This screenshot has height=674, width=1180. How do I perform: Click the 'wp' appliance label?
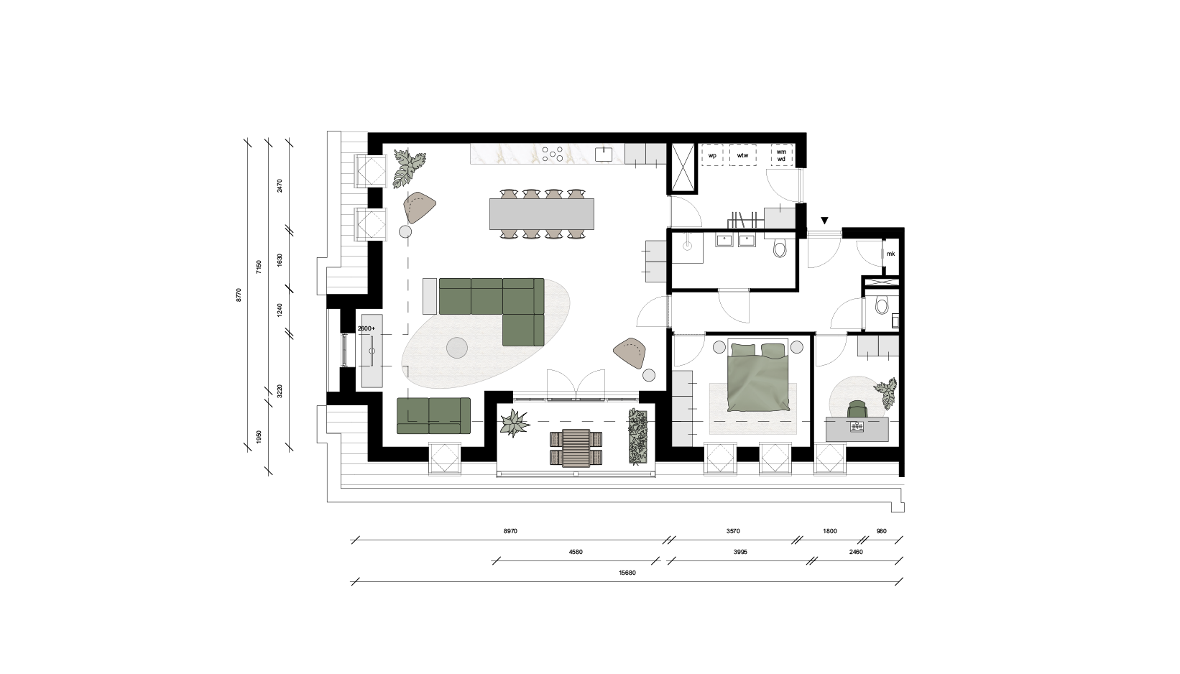(712, 156)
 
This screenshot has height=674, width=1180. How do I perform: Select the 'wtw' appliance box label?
(743, 156)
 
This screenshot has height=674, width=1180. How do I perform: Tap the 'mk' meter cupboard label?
(890, 254)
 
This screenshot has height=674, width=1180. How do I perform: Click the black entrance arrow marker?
(825, 221)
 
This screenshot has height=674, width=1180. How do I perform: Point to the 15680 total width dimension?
(627, 573)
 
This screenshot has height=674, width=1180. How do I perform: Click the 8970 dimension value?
(510, 531)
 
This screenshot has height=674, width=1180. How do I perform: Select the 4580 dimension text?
(576, 553)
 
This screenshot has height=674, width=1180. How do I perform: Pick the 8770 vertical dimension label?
(239, 295)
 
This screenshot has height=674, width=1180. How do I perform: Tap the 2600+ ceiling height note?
(366, 328)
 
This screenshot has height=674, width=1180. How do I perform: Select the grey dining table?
(542, 214)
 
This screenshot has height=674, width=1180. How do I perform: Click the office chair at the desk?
(857, 409)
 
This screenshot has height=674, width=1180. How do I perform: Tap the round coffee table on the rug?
(457, 348)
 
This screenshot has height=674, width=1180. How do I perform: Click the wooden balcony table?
(576, 448)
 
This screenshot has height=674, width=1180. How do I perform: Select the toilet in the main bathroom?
(780, 248)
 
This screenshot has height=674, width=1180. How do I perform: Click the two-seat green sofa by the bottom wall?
(433, 415)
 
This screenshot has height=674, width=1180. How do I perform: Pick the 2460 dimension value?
(856, 553)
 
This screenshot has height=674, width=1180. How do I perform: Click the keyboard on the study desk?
(857, 427)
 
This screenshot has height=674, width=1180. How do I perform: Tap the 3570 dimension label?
(733, 531)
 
